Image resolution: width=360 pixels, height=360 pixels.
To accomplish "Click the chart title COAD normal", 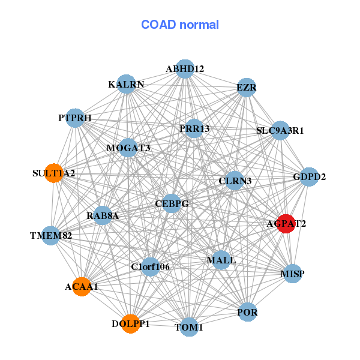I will click(x=180, y=25).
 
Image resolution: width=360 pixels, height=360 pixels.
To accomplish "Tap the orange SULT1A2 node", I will click(x=54, y=173).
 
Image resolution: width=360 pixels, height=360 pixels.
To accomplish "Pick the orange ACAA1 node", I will click(x=82, y=287).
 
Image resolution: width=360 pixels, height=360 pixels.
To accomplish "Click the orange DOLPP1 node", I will click(x=130, y=323).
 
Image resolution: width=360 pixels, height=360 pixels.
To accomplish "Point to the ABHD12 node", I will click(x=185, y=69).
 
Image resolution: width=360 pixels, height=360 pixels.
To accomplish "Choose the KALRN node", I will click(x=126, y=84).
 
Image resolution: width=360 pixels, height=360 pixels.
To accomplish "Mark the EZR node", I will click(x=247, y=88).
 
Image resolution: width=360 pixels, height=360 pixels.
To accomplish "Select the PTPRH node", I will click(x=76, y=118).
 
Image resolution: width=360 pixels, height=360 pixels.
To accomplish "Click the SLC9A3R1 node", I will click(x=280, y=130).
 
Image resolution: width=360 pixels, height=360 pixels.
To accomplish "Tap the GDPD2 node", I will click(x=309, y=177).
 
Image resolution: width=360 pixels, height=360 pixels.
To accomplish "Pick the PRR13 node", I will click(x=194, y=128).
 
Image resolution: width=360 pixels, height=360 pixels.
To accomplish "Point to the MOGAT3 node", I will click(x=128, y=148).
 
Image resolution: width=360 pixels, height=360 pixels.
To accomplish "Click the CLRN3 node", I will click(x=235, y=181).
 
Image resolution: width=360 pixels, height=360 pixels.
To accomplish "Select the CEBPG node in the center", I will click(x=172, y=204).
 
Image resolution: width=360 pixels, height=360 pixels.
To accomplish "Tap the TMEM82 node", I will click(x=52, y=235).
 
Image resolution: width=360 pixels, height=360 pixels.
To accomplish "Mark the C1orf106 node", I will click(x=150, y=266).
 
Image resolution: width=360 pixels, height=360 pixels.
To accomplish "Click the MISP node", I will click(x=292, y=274).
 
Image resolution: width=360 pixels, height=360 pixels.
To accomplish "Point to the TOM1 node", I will click(x=189, y=327).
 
